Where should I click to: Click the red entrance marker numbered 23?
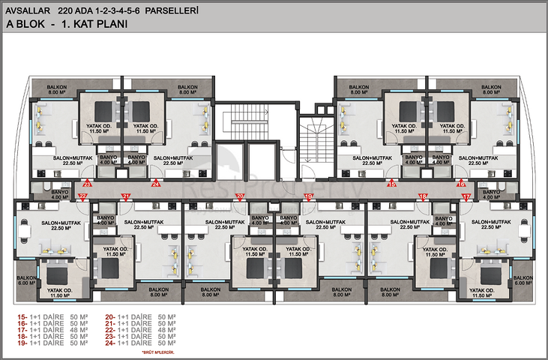(x=88, y=183)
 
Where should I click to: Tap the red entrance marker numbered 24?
(x=156, y=183)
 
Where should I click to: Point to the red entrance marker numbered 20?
(x=239, y=197)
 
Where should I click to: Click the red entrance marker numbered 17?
(x=466, y=197)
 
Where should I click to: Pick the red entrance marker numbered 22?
(x=82, y=197)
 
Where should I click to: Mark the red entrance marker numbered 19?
(x=308, y=197)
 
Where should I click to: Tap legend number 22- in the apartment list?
(x=111, y=328)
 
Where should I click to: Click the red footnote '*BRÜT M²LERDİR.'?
(x=160, y=351)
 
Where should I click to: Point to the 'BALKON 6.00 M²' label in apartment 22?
(x=25, y=280)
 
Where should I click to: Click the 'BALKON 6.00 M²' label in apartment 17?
(x=522, y=280)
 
